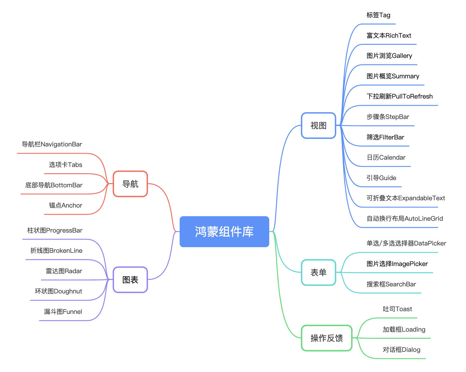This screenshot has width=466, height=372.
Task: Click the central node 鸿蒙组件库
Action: pos(224,231)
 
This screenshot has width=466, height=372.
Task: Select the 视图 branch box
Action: pos(318,125)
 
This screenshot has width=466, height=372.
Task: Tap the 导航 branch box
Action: pos(130,184)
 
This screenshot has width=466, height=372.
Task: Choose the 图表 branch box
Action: pos(130,280)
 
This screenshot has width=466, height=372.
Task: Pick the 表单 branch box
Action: pos(318,272)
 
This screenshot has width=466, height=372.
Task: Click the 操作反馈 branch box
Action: pos(327,338)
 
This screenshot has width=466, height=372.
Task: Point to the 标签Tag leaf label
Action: pos(378,15)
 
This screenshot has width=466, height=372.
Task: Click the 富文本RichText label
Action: pos(389,36)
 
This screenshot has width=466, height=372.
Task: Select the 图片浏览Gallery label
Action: pos(389,56)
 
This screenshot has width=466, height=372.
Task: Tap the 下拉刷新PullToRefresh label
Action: pos(399,96)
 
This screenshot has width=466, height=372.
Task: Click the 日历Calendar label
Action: pos(386,157)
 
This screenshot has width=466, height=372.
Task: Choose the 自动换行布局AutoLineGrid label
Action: pos(405,219)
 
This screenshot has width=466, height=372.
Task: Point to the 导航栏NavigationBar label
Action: pos(52,144)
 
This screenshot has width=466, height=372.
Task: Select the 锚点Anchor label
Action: pos(65,205)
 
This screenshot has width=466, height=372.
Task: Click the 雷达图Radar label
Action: pos(64,271)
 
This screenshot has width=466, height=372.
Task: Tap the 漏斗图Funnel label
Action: pos(63,312)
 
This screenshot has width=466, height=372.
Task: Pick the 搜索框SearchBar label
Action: pos(391,284)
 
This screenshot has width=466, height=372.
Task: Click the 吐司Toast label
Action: pos(397,309)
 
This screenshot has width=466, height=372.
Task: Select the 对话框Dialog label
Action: pos(401,350)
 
